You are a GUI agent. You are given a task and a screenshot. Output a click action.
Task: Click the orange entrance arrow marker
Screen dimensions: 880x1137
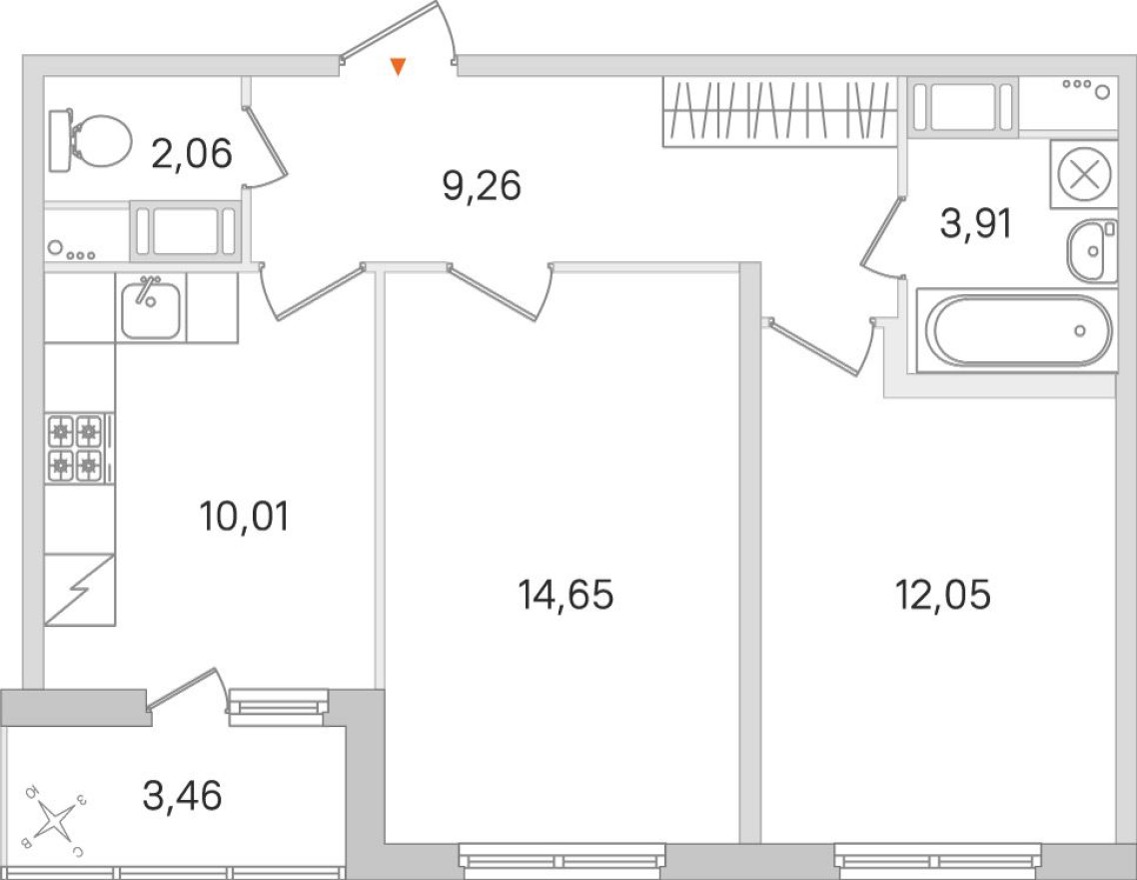(398, 67)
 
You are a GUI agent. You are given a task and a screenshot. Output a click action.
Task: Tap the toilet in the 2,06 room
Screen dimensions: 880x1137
(93, 141)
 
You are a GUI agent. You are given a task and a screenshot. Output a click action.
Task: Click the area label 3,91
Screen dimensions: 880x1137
(976, 224)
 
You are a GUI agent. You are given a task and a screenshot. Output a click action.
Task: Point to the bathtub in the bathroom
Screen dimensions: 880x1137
(1018, 331)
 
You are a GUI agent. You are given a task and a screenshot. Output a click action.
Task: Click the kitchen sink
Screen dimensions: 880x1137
(150, 308)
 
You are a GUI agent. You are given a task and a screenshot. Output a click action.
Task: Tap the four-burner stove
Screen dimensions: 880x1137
(76, 447)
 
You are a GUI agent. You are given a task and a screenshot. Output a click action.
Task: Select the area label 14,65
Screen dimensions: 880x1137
(566, 595)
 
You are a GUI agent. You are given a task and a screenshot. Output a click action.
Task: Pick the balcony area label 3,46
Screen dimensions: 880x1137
(182, 797)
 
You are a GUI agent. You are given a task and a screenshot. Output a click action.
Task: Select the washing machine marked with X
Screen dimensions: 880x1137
(1083, 176)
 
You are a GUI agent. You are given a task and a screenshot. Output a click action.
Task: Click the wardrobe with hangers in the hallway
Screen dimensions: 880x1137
(779, 111)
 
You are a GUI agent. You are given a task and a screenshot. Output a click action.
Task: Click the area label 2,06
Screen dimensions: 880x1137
(192, 153)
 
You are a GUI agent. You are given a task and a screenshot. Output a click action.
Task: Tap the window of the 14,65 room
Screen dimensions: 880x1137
(563, 859)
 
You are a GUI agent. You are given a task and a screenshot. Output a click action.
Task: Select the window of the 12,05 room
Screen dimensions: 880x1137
(937, 859)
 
